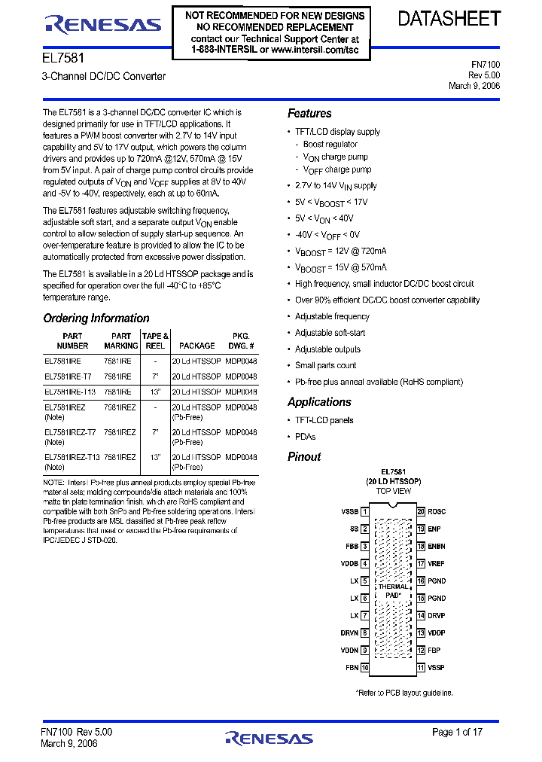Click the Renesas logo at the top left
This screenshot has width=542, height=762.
tap(103, 24)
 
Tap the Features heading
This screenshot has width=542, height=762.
tap(309, 114)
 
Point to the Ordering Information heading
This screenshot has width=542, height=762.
tap(96, 319)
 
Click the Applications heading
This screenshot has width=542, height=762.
tap(319, 402)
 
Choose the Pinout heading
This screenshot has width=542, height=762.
tap(304, 457)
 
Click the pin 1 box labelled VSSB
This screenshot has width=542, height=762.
tap(365, 512)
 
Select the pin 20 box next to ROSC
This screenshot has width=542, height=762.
tap(422, 512)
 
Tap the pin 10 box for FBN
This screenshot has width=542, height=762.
tap(365, 668)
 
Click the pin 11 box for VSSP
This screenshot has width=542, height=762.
tap(422, 668)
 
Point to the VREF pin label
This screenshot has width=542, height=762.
tap(437, 564)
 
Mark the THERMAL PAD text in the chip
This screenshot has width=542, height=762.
tap(393, 591)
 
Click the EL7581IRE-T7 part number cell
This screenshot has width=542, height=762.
tap(69, 376)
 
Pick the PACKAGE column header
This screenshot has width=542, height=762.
tap(197, 346)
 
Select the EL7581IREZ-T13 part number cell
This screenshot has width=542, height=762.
tap(72, 457)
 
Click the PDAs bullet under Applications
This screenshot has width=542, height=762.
tap(305, 437)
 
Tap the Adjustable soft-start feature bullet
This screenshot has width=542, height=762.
tap(330, 333)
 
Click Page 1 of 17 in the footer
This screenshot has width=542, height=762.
tap(457, 732)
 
